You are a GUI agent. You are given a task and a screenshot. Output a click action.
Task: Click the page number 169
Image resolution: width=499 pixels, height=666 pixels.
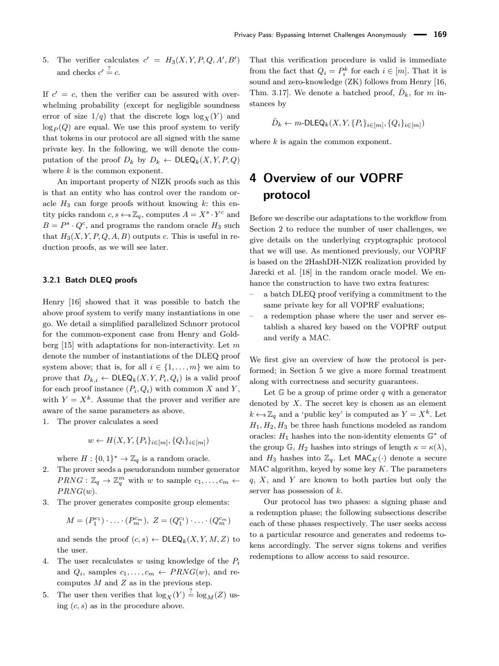440,35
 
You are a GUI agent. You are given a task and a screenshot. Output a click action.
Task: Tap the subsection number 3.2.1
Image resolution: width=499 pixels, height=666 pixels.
52,280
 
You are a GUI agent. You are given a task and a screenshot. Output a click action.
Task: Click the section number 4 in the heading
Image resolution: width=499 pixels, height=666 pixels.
253,178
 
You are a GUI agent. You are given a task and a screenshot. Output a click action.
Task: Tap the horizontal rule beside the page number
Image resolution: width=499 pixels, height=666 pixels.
419,35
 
